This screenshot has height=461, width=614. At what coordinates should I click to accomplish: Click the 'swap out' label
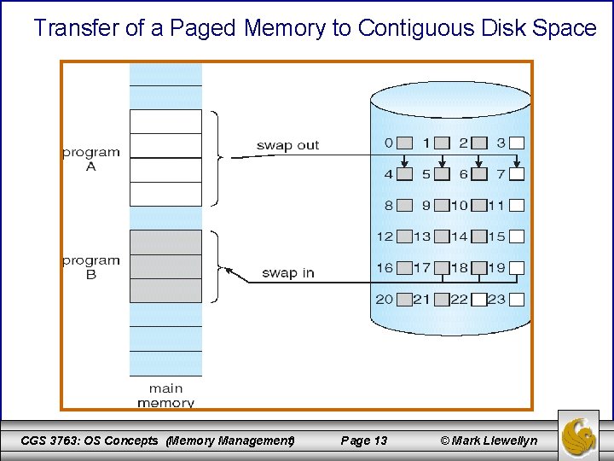287,145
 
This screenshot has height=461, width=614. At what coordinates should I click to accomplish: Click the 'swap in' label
287,273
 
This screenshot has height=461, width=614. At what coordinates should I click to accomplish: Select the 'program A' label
91,160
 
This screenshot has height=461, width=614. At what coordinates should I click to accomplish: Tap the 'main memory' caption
165,395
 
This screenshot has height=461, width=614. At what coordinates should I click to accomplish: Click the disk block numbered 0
405,143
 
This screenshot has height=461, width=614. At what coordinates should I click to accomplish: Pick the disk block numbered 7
517,175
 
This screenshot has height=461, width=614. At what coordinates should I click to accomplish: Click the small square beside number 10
478,206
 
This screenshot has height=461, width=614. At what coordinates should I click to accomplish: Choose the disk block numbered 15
517,236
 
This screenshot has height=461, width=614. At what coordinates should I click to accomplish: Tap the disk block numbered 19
517,268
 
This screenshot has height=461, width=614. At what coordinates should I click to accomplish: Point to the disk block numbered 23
517,300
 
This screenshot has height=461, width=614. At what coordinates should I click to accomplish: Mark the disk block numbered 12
405,236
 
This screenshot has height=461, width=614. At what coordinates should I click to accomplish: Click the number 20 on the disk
385,300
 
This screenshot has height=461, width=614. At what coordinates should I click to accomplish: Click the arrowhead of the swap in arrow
228,270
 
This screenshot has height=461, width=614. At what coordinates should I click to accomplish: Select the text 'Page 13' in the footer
363,441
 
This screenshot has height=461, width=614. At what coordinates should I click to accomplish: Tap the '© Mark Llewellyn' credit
489,441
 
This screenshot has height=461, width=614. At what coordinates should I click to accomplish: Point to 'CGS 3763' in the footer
48,441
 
